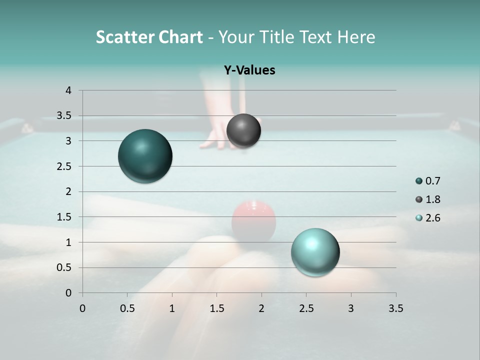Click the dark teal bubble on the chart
point(145,156)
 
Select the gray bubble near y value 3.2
point(243,131)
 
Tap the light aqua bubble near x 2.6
point(315,252)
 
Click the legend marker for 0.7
point(419,181)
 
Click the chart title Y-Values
point(249,70)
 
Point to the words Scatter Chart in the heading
point(149,37)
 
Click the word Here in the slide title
point(355,37)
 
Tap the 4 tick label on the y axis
point(68,90)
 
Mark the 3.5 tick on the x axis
point(395,308)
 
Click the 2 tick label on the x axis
point(261,308)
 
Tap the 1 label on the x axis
point(172,308)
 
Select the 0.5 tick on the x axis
point(127,308)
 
